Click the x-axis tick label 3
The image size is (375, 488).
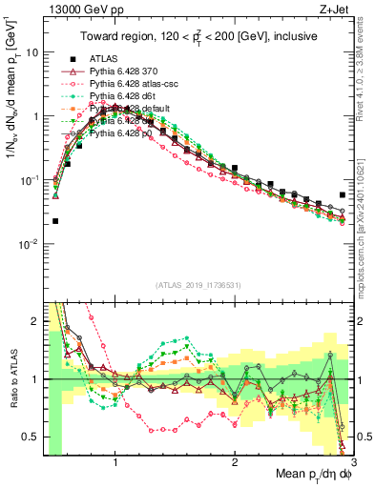[353, 463]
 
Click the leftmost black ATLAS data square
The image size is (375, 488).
[55, 221]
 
